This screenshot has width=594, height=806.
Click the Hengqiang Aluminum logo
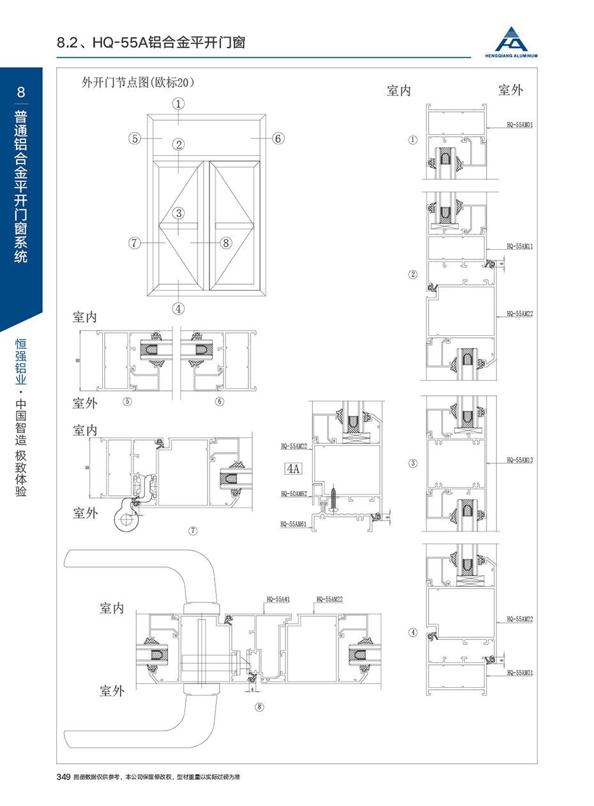(x=515, y=42)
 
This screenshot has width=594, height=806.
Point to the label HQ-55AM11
(x=519, y=246)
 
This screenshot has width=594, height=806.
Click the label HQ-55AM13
(x=519, y=460)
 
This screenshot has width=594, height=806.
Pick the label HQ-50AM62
(x=294, y=494)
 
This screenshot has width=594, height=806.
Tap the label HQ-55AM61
(x=294, y=524)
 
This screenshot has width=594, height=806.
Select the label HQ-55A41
(x=278, y=600)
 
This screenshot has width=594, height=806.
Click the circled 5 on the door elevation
(x=133, y=138)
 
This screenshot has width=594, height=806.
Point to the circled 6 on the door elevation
(x=278, y=138)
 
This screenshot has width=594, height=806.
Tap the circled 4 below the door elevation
(x=179, y=308)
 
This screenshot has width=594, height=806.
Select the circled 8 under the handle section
(x=259, y=706)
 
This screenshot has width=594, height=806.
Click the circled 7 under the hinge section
(x=193, y=531)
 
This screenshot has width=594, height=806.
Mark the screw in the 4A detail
(x=337, y=498)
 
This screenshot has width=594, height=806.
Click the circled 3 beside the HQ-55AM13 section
(x=413, y=463)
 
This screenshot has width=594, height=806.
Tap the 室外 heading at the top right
(x=510, y=90)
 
